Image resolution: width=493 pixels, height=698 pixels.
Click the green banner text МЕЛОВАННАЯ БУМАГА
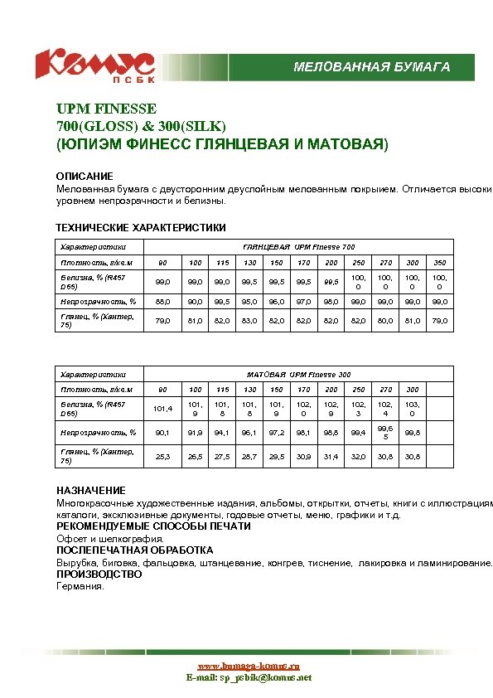[x=372, y=67]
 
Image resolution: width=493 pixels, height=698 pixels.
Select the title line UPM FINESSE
[x=106, y=109]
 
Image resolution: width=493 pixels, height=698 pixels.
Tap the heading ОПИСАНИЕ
[x=85, y=177]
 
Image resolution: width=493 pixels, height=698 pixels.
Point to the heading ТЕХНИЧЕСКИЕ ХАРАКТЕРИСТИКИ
[x=140, y=227]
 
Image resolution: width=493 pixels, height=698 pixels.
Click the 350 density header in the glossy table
[x=440, y=263]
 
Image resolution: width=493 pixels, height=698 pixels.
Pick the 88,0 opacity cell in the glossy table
[x=162, y=301]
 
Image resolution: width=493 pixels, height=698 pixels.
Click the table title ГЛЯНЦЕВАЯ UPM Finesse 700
[x=298, y=247]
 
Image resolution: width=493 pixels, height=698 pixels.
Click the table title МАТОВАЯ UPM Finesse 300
[x=298, y=375]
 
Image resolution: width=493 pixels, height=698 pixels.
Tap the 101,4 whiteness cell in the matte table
[x=162, y=408]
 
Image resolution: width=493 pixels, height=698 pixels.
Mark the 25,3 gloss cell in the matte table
[x=162, y=457]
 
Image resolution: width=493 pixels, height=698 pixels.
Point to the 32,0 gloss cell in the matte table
[x=358, y=457]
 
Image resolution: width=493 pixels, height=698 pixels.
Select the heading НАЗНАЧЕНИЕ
[x=91, y=491]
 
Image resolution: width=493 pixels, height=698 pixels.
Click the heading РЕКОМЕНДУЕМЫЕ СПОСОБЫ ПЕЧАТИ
[x=153, y=526]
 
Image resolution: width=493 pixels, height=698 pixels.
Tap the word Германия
[x=80, y=586]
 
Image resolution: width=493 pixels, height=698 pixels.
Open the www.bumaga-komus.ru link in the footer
[x=248, y=666]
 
